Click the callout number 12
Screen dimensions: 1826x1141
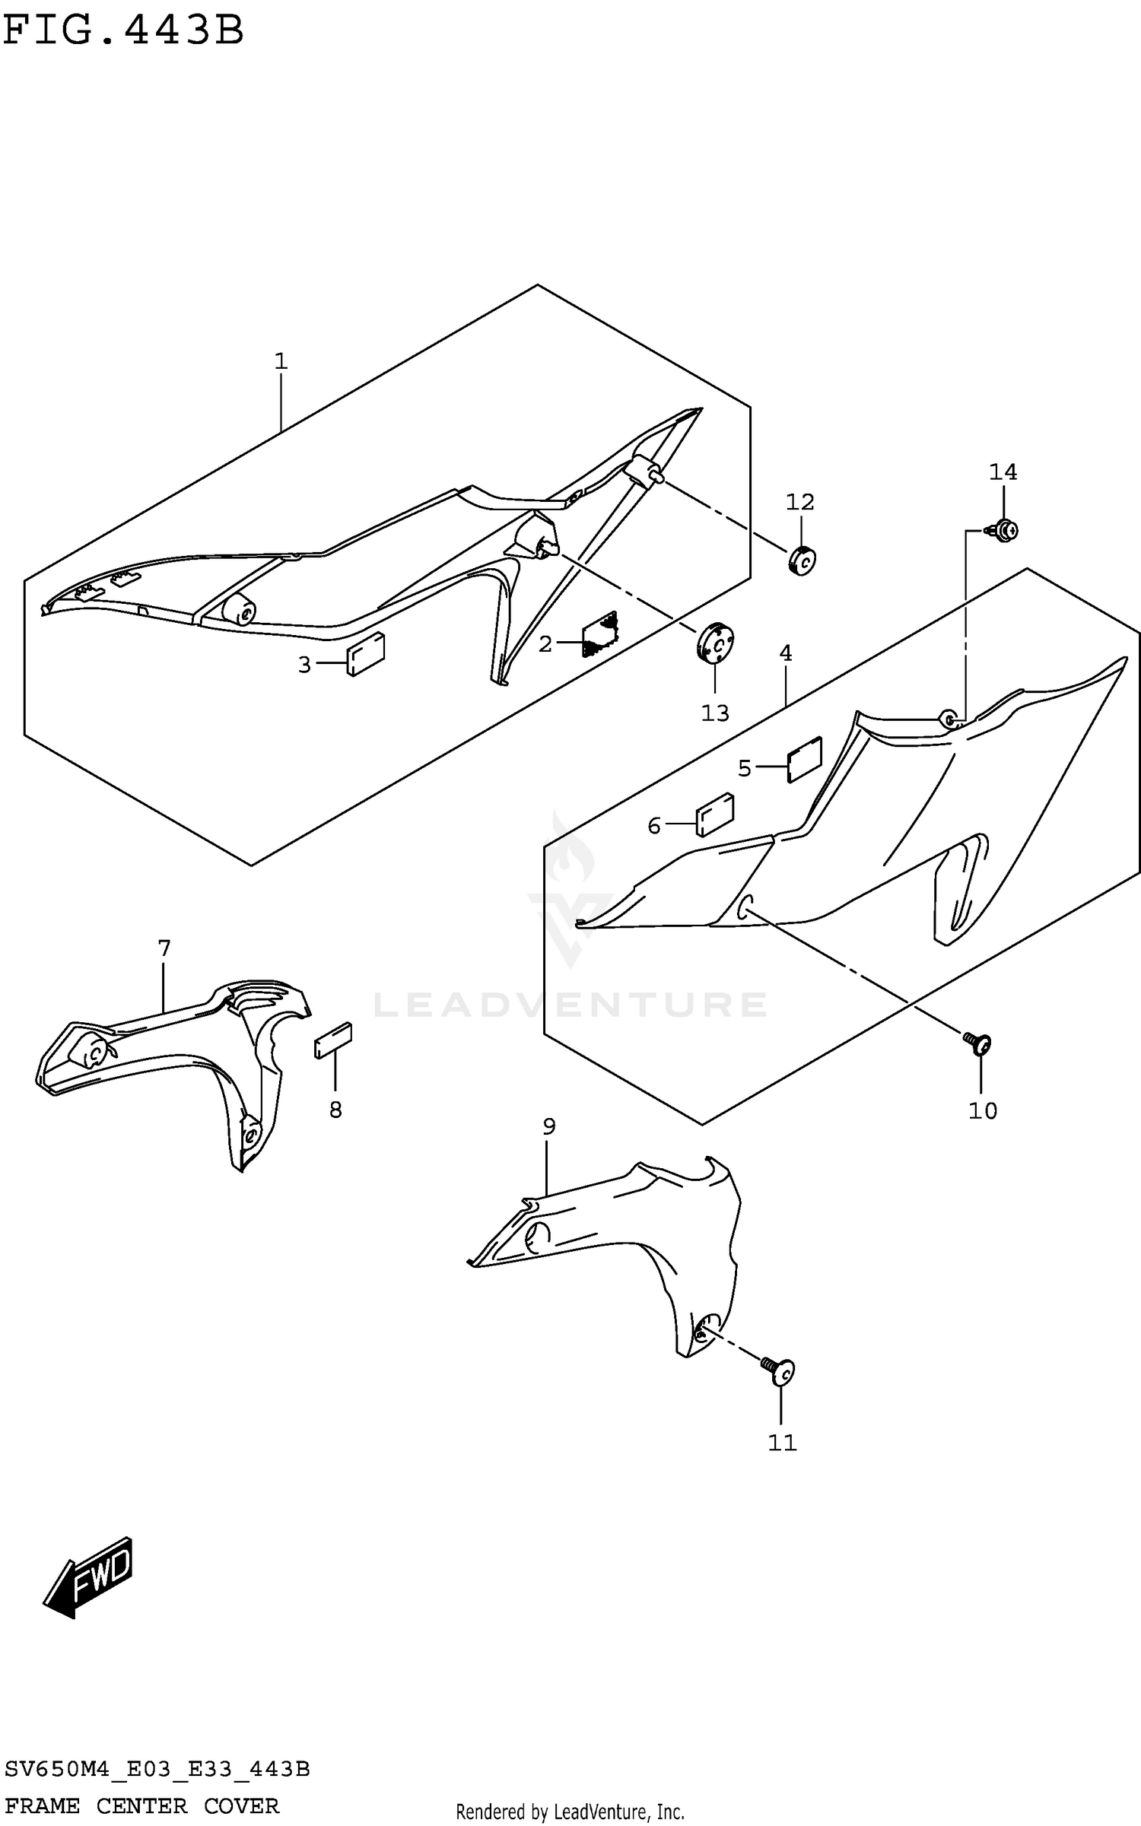click(799, 502)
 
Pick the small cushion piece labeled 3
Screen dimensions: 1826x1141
click(366, 654)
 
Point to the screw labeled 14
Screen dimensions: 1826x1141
click(1005, 530)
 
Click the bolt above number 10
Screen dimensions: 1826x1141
click(978, 1042)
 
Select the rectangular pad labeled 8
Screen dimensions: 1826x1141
click(333, 1040)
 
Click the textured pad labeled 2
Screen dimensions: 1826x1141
click(600, 634)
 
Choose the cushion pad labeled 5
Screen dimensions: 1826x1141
click(805, 758)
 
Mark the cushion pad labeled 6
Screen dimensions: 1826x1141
click(715, 815)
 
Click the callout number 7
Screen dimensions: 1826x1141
click(164, 948)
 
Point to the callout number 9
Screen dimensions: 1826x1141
click(549, 1126)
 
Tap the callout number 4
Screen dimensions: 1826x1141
click(786, 653)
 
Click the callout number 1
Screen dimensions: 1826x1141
click(281, 361)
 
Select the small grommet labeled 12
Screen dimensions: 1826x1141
click(801, 561)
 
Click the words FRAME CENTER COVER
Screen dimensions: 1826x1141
click(141, 1805)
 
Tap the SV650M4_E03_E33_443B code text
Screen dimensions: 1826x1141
click(157, 1768)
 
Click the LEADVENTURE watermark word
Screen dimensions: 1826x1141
click(570, 1005)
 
